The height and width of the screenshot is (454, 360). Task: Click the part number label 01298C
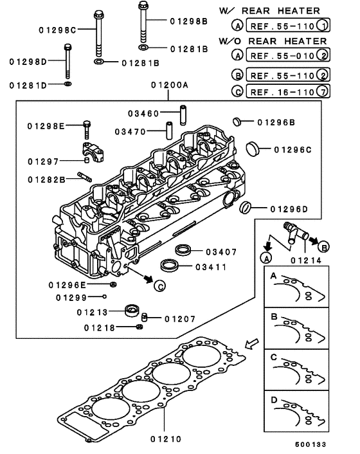pyautogui.click(x=59, y=29)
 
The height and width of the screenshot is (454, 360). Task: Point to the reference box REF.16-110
pyautogui.click(x=283, y=91)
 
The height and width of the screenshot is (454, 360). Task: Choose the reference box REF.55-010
pyautogui.click(x=283, y=56)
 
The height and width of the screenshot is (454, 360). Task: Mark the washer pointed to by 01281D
pyautogui.click(x=68, y=84)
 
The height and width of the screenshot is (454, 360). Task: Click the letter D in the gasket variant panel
pyautogui.click(x=274, y=399)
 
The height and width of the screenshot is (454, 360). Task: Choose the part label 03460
pyautogui.click(x=143, y=114)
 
